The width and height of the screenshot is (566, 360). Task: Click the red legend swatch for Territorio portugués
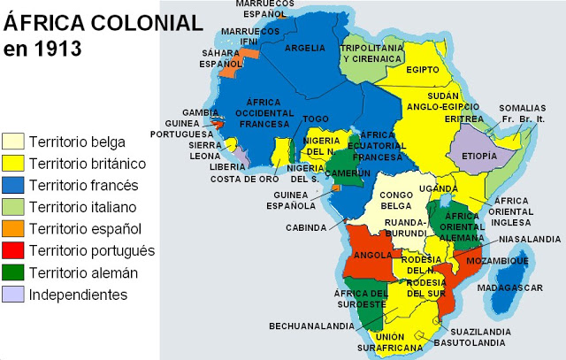point(13,250)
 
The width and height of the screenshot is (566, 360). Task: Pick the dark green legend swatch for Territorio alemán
point(13,272)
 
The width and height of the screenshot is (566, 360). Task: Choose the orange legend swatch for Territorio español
point(13,229)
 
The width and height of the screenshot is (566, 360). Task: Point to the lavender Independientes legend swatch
point(13,295)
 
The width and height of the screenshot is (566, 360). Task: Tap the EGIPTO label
point(423,68)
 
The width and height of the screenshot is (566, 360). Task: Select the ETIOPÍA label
point(480,155)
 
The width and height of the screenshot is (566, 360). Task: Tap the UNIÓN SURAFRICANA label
point(389,341)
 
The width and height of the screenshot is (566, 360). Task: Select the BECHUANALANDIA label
point(312,326)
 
